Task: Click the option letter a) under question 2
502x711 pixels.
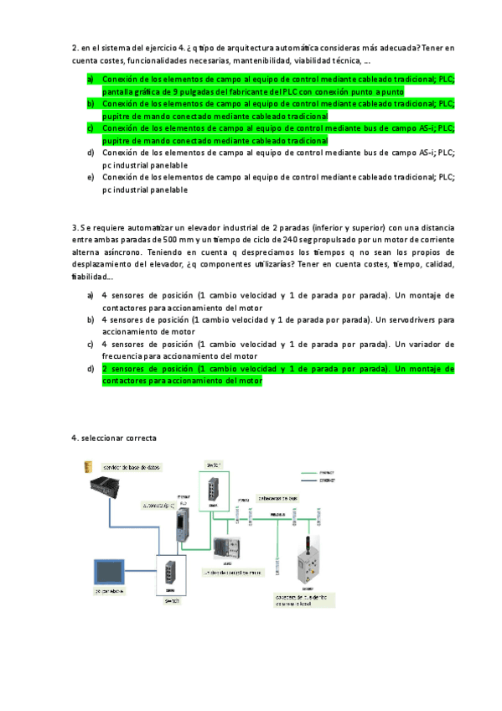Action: tap(91, 78)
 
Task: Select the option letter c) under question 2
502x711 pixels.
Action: tap(91, 128)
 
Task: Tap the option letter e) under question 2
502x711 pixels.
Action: tap(91, 178)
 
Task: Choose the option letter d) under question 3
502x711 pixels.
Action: tap(91, 368)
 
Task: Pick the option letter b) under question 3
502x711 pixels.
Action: tap(91, 319)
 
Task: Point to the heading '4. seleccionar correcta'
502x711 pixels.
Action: tap(114, 438)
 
